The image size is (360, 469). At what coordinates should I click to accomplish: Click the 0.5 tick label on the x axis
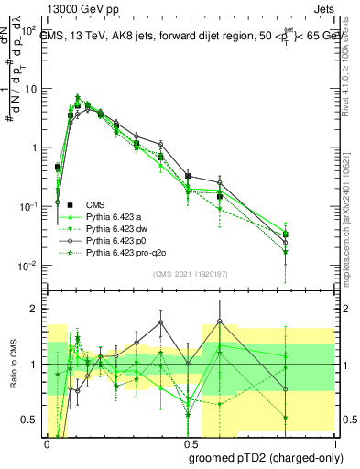pyautogui.click(x=191, y=442)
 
